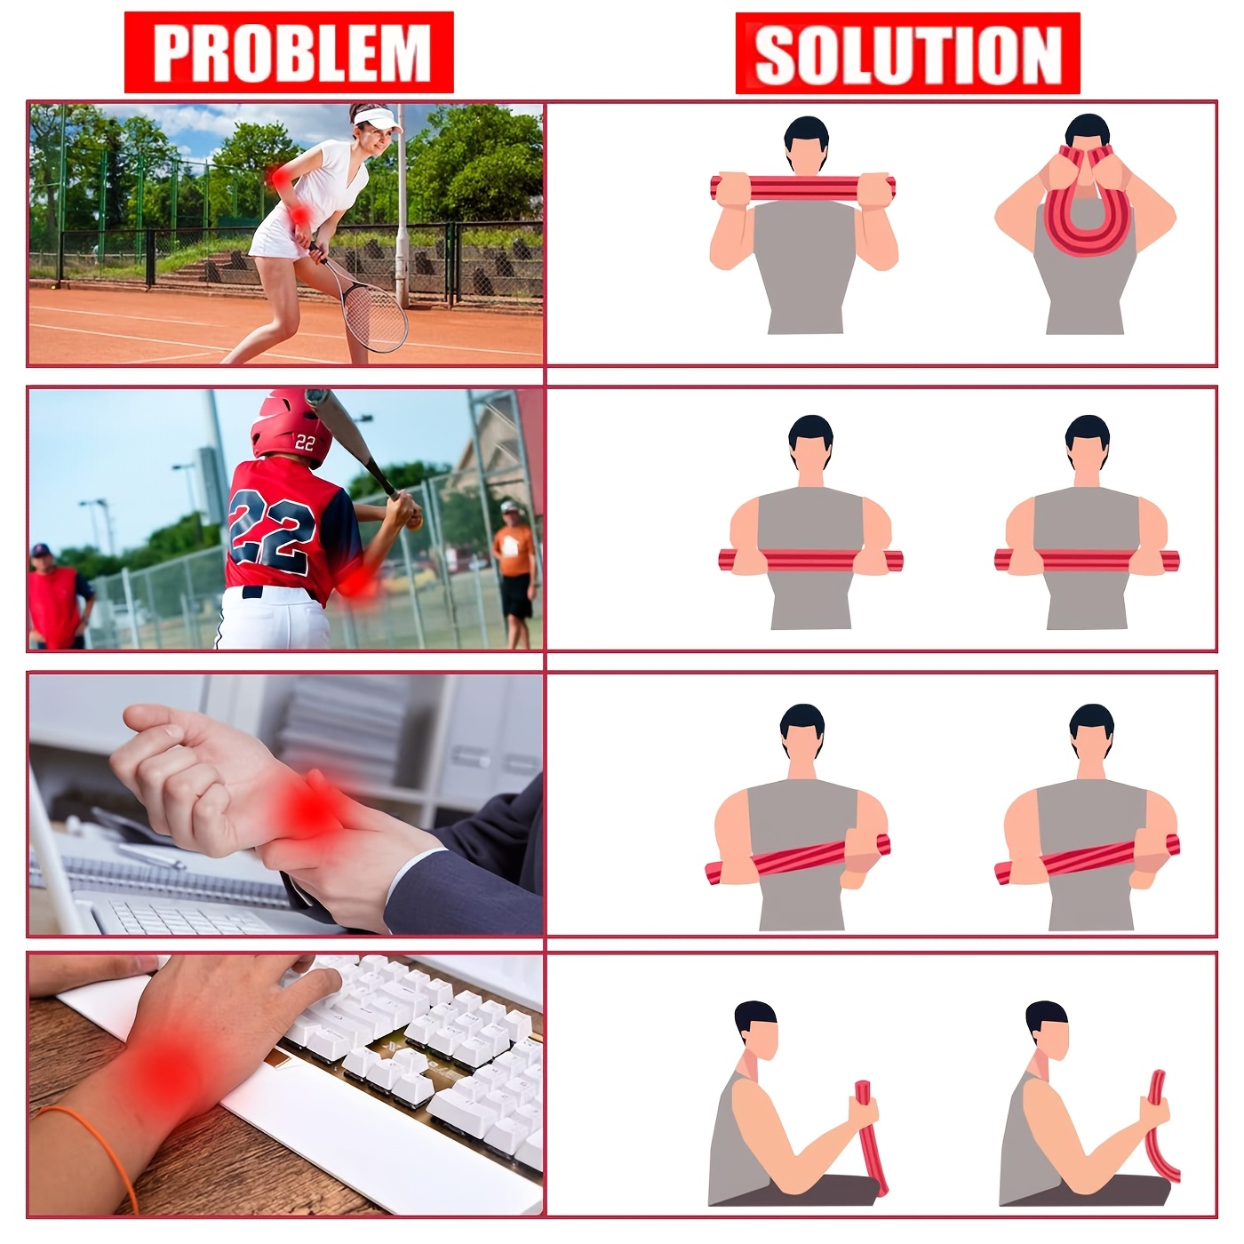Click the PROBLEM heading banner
click(289, 52)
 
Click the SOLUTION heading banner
click(907, 53)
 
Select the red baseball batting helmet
click(291, 427)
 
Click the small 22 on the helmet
click(305, 442)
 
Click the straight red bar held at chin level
click(802, 187)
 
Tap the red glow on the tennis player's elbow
click(282, 176)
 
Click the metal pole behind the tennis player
click(402, 213)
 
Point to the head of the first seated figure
click(755, 1031)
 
